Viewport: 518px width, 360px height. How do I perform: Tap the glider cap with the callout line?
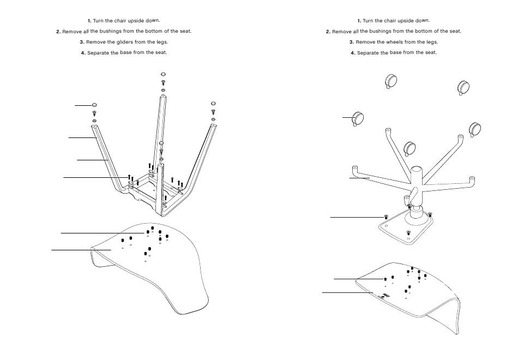[94, 104]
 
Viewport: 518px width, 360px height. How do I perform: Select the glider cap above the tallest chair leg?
[163, 74]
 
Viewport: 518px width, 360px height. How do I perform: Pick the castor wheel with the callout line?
[358, 117]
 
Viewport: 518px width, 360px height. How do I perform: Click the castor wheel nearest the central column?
[409, 148]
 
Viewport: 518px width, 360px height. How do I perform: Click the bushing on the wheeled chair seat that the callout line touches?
[385, 279]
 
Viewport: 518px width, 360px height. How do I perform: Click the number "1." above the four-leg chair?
[89, 21]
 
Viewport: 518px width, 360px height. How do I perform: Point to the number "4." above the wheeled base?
[353, 53]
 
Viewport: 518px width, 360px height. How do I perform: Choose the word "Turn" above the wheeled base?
[369, 21]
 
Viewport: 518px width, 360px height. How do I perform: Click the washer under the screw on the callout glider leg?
[94, 121]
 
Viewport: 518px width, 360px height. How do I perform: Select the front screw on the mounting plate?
[408, 233]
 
